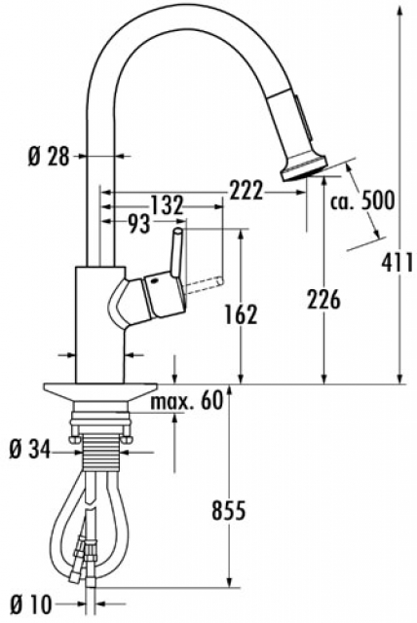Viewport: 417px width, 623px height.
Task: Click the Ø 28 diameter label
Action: [48, 156]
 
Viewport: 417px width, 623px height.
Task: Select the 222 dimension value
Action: [246, 191]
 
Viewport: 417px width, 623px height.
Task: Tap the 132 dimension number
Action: [167, 205]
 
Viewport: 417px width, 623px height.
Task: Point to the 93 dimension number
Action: [139, 224]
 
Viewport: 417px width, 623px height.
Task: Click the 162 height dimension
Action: [241, 314]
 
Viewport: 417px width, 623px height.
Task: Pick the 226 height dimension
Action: [323, 299]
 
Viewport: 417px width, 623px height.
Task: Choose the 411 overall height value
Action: [398, 263]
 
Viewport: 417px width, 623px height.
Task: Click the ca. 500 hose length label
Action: [362, 200]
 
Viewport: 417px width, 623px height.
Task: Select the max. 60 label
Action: [187, 401]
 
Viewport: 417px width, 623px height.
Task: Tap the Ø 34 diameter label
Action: [30, 451]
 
